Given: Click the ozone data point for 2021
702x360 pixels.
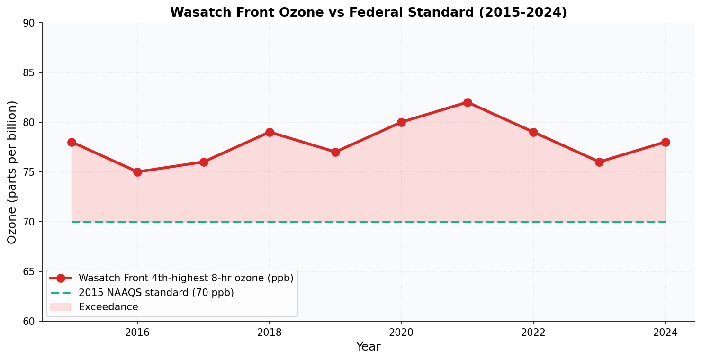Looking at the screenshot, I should pos(468,102).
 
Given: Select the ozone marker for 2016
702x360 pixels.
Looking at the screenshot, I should pos(137,172).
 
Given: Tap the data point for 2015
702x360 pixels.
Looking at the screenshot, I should pos(72,142).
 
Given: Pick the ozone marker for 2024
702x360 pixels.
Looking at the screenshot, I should pos(666,142).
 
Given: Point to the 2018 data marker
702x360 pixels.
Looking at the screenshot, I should pos(270,132).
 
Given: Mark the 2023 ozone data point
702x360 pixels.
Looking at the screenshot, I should pos(599,162).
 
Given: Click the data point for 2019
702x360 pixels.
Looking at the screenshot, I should pos(335,152).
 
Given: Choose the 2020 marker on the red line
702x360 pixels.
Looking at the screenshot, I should pos(401,122).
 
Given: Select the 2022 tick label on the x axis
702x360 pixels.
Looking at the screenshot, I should pos(533,333).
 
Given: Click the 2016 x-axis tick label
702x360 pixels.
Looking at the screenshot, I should pos(137,333).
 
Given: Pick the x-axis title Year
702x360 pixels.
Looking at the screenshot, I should pos(368,347).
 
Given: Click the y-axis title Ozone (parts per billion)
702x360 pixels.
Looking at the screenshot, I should pos(12,172).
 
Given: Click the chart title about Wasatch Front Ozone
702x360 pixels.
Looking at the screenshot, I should pos(368,12).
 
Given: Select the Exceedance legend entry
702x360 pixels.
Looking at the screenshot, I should pos(108,307).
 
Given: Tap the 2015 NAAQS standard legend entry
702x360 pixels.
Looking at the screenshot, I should pos(156,293).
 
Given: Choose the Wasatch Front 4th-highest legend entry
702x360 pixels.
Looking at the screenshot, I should pos(186,278).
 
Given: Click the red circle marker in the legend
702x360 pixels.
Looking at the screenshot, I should pos(61,278).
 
